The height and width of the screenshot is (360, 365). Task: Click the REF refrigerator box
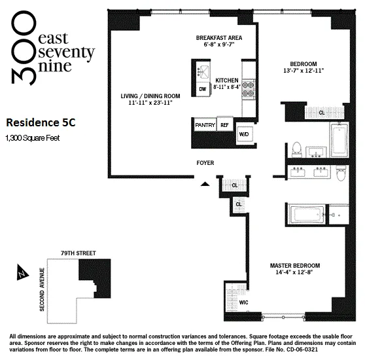(x=224, y=124)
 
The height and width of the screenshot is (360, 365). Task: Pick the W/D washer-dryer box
(x=244, y=134)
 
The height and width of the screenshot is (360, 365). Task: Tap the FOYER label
(x=205, y=162)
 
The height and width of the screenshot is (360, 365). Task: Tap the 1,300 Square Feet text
(x=33, y=137)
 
